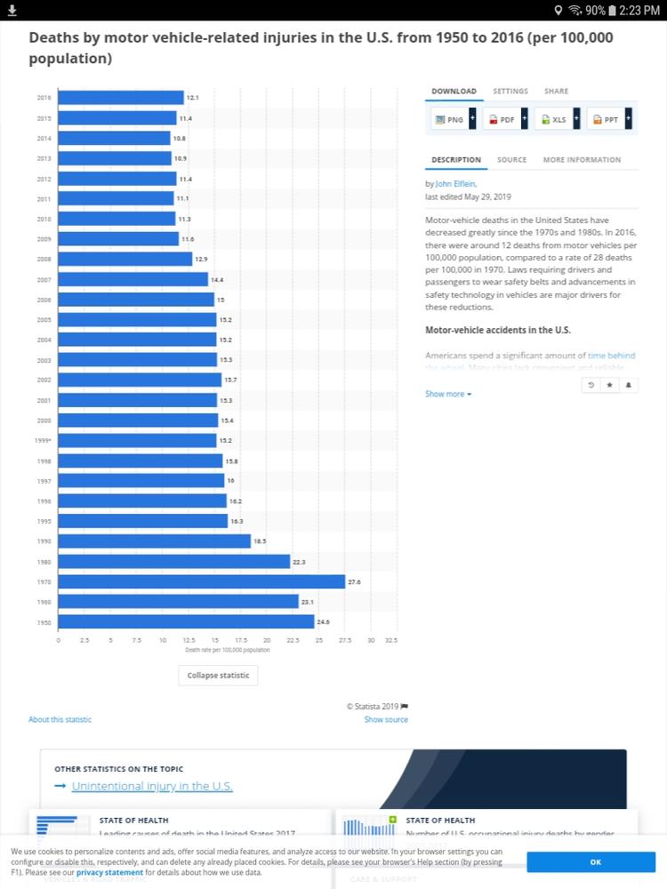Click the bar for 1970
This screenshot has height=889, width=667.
click(201, 581)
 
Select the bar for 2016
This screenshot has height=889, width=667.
click(121, 97)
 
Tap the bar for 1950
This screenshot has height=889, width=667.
click(186, 621)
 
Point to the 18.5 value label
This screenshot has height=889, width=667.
click(260, 541)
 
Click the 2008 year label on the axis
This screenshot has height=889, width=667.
click(44, 259)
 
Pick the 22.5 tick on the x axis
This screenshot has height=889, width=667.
click(292, 640)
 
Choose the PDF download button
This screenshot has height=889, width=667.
click(502, 118)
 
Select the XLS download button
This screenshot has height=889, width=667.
click(554, 118)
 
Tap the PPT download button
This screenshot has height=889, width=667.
click(607, 118)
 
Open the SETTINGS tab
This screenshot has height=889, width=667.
click(510, 92)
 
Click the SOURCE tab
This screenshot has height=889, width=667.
click(511, 160)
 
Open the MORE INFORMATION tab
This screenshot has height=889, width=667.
click(582, 160)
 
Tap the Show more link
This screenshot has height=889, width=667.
click(448, 394)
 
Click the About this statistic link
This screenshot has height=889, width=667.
click(60, 719)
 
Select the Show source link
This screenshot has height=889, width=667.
click(386, 719)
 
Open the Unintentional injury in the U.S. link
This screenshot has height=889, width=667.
click(152, 786)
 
